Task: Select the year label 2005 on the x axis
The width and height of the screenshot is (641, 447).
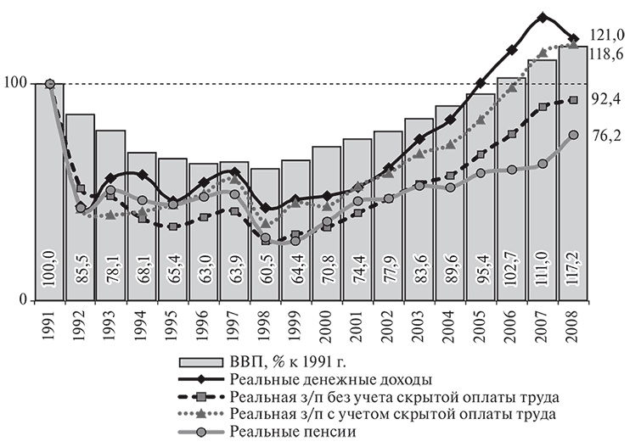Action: click(481, 323)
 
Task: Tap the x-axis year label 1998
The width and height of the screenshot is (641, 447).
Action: click(266, 323)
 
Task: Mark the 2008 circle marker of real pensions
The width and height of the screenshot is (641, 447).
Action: click(574, 135)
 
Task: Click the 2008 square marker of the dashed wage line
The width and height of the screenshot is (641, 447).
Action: click(574, 100)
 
